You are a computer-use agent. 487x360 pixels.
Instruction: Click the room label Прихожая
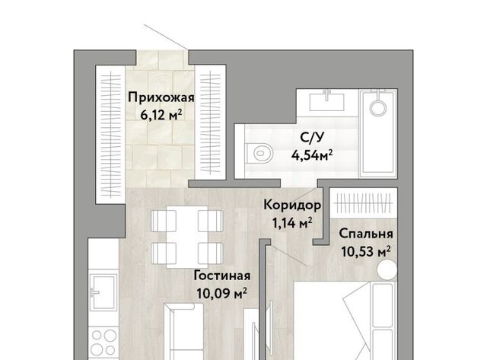pyautogui.click(x=161, y=97)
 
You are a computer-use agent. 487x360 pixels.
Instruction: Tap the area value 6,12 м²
pyautogui.click(x=161, y=116)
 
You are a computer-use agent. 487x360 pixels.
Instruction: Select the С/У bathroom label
pyautogui.click(x=312, y=137)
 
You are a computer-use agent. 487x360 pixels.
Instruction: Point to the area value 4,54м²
pyautogui.click(x=312, y=155)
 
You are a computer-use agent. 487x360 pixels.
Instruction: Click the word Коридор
pyautogui.click(x=292, y=205)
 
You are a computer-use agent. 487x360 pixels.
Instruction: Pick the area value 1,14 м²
pyautogui.click(x=292, y=223)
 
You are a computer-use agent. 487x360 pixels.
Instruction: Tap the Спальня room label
pyautogui.click(x=366, y=234)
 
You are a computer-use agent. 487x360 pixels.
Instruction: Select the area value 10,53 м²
pyautogui.click(x=366, y=252)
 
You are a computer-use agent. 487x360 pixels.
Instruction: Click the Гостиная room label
pyautogui.click(x=222, y=276)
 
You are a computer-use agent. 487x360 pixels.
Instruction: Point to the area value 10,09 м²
pyautogui.click(x=222, y=293)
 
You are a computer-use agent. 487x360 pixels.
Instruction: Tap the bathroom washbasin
pyautogui.click(x=326, y=101)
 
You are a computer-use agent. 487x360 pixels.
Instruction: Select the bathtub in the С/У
pyautogui.click(x=378, y=133)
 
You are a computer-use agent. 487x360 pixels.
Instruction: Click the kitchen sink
pyautogui.click(x=103, y=292)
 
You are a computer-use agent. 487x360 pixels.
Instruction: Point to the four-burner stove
pyautogui.click(x=103, y=342)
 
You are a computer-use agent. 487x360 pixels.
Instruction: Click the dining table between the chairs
pyautogui.click(x=187, y=237)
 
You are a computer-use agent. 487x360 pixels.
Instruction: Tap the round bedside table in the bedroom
pyautogui.click(x=387, y=269)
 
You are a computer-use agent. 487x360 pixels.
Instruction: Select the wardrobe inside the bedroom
pyautogui.click(x=364, y=202)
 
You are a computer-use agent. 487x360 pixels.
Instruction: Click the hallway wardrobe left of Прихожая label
pyautogui.click(x=111, y=135)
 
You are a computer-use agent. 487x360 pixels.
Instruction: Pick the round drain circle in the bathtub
pyautogui.click(x=378, y=108)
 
